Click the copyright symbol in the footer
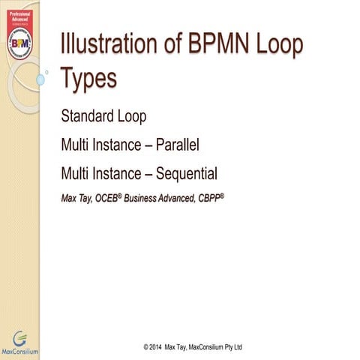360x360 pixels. click(144, 348)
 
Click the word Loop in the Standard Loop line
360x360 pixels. click(135, 117)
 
